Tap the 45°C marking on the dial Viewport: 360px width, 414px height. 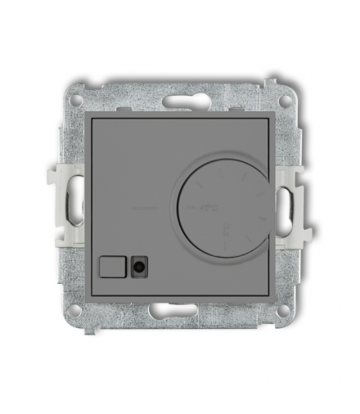click(x=200, y=209)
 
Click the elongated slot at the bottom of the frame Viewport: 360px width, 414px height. click(x=179, y=311)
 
